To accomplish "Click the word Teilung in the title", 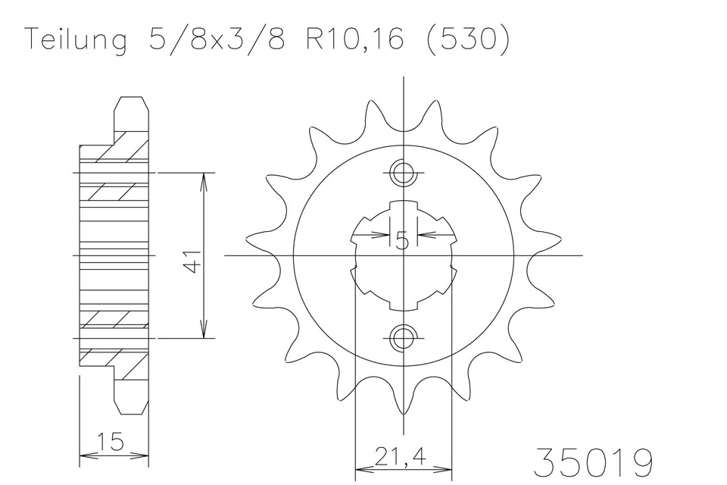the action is pos(76,40).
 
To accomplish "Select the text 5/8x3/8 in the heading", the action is pos(216,39).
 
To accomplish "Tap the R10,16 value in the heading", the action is pos(354,39).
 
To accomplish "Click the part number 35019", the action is pos(594,462).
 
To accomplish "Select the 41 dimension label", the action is pos(192,261).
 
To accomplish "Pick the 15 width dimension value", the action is pos(111,441).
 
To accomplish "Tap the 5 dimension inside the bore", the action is pos(402,241).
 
